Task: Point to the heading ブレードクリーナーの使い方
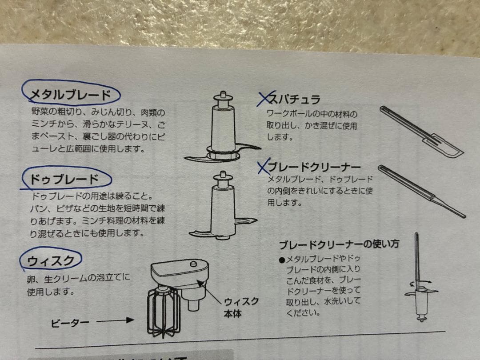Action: click(339, 244)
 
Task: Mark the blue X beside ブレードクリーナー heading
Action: click(264, 166)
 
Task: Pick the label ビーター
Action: click(70, 323)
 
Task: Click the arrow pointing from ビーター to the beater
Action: click(115, 320)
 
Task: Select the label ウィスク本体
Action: click(241, 308)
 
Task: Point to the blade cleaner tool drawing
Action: click(422, 191)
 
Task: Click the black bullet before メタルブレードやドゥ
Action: click(282, 260)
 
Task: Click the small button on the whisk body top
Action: click(193, 264)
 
